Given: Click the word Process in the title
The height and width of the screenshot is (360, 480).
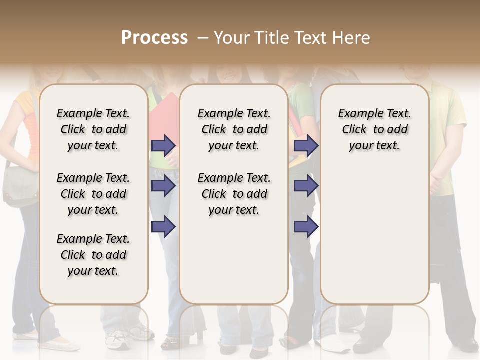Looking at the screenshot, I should (154, 38).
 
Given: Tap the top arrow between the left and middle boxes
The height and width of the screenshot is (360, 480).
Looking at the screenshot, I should (163, 145).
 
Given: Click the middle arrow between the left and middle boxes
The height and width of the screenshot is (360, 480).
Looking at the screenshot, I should (163, 186).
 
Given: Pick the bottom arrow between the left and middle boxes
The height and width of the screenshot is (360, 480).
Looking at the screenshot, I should (163, 226).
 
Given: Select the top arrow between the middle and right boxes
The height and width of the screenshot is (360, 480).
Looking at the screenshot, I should (306, 145).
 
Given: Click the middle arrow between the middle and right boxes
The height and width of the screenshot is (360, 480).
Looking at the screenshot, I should (306, 186).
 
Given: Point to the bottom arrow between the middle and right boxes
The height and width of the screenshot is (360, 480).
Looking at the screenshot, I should (306, 226).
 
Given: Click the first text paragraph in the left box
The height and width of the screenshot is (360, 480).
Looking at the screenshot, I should (93, 129).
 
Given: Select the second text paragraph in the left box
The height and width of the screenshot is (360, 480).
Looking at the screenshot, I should (93, 194).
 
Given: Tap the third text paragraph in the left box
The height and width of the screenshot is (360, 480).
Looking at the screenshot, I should (93, 255).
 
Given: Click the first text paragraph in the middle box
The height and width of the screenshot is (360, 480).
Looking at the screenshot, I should (234, 129).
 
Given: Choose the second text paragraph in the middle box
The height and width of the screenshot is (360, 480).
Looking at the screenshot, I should (234, 194).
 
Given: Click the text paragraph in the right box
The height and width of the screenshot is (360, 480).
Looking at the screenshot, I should (375, 129).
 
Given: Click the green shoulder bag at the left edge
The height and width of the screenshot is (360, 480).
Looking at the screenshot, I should (20, 187).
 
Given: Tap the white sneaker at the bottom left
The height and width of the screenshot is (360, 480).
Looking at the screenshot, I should (118, 340).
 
